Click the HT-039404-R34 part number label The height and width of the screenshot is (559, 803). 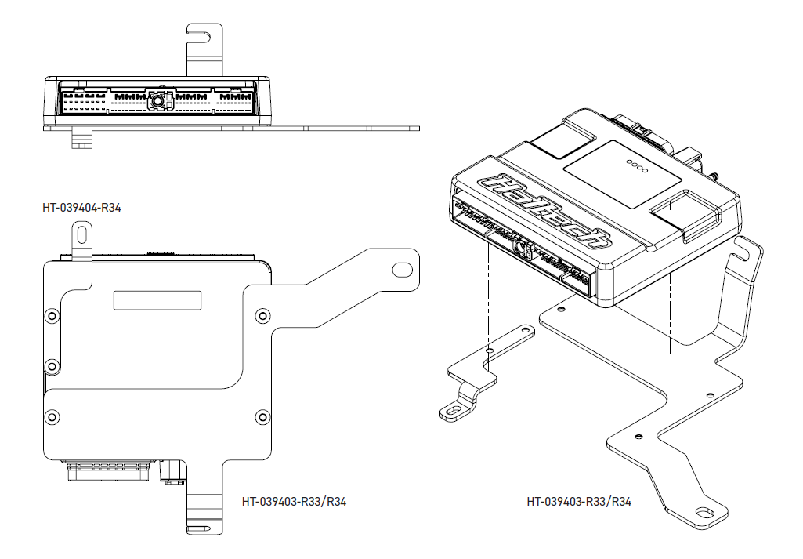pyautogui.click(x=81, y=208)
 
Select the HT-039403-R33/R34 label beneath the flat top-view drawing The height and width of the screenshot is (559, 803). pyautogui.click(x=294, y=501)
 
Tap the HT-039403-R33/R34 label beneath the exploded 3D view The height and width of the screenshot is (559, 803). pyautogui.click(x=579, y=501)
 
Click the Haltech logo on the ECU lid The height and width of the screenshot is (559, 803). pyautogui.click(x=544, y=211)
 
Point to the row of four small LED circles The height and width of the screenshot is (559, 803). pyautogui.click(x=637, y=166)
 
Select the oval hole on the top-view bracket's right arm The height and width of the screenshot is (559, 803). pyautogui.click(x=402, y=270)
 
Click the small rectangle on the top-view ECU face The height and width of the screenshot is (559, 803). pyautogui.click(x=157, y=300)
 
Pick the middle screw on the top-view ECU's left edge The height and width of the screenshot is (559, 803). pyautogui.click(x=52, y=366)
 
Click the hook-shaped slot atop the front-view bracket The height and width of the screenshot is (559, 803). pyautogui.click(x=199, y=36)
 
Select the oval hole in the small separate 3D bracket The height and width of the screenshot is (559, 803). pyautogui.click(x=453, y=410)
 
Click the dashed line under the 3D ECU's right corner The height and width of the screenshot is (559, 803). pyautogui.click(x=671, y=314)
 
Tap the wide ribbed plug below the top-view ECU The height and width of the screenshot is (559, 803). pyautogui.click(x=109, y=470)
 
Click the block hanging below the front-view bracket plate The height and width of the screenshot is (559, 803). pyautogui.click(x=81, y=138)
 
